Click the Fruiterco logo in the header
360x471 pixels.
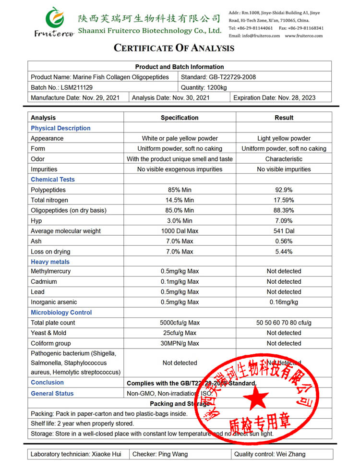(x=53, y=22)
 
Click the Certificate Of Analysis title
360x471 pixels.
(x=174, y=48)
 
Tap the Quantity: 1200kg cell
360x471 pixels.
(x=204, y=87)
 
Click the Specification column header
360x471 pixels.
(x=180, y=118)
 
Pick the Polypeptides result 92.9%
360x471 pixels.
(x=284, y=190)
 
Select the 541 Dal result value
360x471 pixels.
(x=284, y=231)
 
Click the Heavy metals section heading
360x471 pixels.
(x=50, y=262)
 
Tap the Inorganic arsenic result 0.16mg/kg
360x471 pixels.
(x=284, y=302)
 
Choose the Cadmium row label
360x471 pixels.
(x=44, y=282)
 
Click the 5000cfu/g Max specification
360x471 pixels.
(x=180, y=323)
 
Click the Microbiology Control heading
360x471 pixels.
(x=61, y=313)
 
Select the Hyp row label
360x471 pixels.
(x=36, y=220)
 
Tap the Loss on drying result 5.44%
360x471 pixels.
(x=284, y=252)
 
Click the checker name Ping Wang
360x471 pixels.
(x=173, y=454)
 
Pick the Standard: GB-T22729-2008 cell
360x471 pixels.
(x=218, y=77)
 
